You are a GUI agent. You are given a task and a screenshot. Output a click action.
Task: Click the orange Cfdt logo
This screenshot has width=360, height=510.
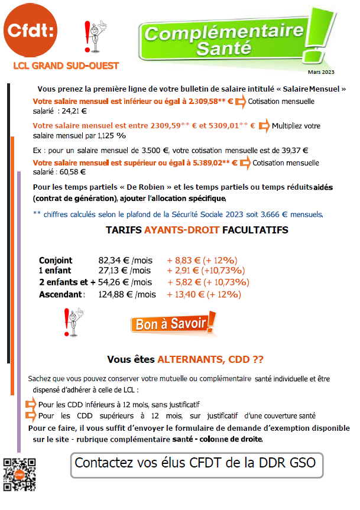pos(30,33)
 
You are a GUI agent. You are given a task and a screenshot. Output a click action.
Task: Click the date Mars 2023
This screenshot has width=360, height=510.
pos(321,72)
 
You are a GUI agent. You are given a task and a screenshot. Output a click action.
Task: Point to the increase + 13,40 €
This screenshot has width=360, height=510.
pos(185,294)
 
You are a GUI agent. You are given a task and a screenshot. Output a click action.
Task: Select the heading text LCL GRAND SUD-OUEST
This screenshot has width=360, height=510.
pos(66,66)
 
